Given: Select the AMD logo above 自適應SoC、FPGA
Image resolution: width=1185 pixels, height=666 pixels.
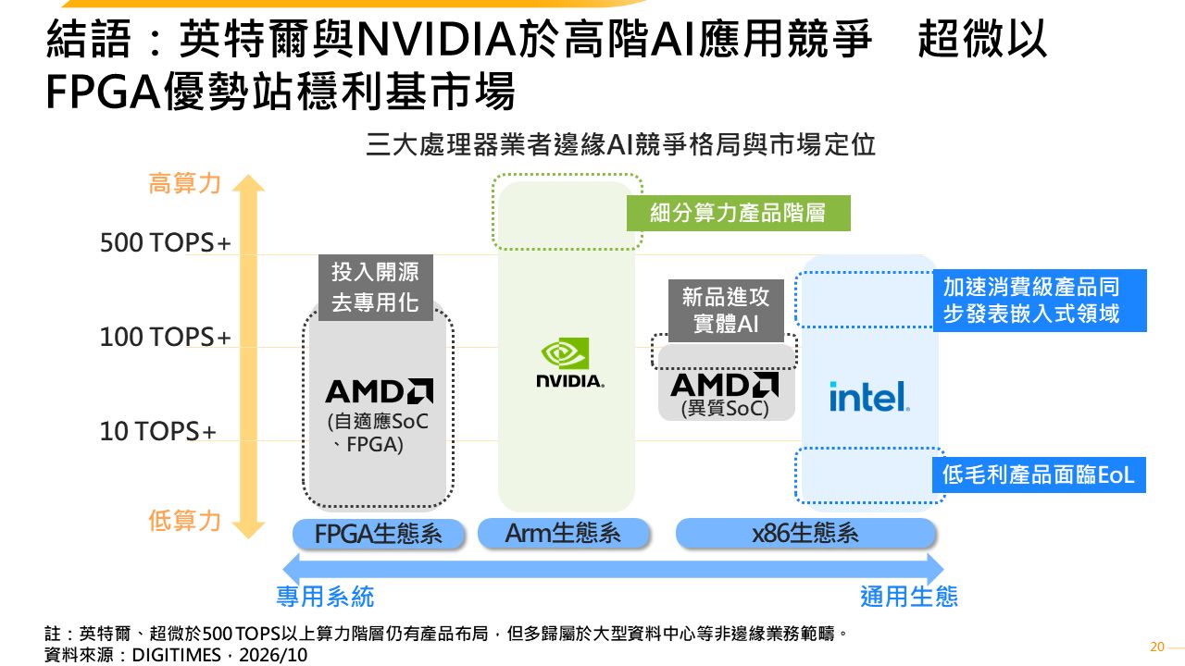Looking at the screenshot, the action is click(380, 391).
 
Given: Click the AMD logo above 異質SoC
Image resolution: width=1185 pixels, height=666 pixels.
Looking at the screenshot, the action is click(724, 385).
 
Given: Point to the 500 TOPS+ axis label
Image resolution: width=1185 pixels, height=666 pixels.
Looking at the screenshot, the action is click(166, 242).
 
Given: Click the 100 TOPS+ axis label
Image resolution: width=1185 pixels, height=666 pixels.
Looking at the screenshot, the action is click(166, 337).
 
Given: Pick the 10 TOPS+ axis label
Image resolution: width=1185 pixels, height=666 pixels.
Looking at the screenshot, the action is click(158, 431).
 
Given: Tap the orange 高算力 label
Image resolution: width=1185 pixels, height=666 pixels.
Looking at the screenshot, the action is click(184, 183).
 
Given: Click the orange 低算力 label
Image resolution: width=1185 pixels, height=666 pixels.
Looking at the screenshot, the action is click(184, 521).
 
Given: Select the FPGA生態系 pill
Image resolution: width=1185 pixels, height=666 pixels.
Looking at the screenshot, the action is click(379, 534).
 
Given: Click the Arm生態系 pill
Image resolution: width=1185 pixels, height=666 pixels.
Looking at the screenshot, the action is click(564, 533).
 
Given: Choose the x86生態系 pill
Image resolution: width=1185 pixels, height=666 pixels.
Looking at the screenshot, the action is click(805, 533).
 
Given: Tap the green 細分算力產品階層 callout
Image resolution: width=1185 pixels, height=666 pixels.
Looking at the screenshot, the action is click(739, 213).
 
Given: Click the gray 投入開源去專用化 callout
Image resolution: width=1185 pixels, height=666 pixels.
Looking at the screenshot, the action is click(376, 288).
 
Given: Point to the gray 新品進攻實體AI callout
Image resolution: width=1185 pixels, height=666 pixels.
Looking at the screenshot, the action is click(726, 311).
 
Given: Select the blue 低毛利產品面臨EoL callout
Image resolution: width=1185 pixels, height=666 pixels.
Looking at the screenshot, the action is click(1039, 475).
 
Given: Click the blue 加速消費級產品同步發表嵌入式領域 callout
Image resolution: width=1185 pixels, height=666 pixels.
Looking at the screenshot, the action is click(1040, 301).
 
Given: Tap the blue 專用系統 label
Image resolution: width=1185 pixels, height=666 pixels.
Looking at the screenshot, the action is click(325, 597).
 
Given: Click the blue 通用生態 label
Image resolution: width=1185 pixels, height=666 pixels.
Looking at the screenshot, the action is click(909, 597).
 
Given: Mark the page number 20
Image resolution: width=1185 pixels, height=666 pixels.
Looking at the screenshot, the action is click(1157, 647).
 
